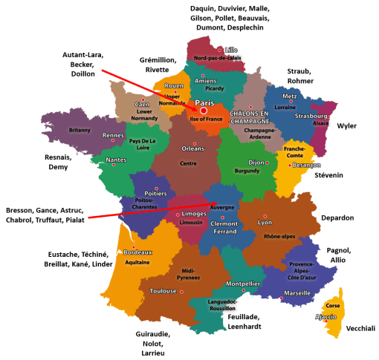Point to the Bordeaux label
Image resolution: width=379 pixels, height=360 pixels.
coord(138,253)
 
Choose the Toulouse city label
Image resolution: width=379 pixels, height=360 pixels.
coord(163,291)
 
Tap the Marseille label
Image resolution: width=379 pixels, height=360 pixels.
coord(297,293)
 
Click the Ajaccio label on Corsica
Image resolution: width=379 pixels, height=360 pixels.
coord(328,316)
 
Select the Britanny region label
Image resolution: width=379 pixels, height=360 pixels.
coord(80,130)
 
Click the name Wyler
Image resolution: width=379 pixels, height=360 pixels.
coord(347,126)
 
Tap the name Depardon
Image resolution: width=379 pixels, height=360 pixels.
coord(337,218)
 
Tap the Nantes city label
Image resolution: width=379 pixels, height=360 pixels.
coord(116,160)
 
